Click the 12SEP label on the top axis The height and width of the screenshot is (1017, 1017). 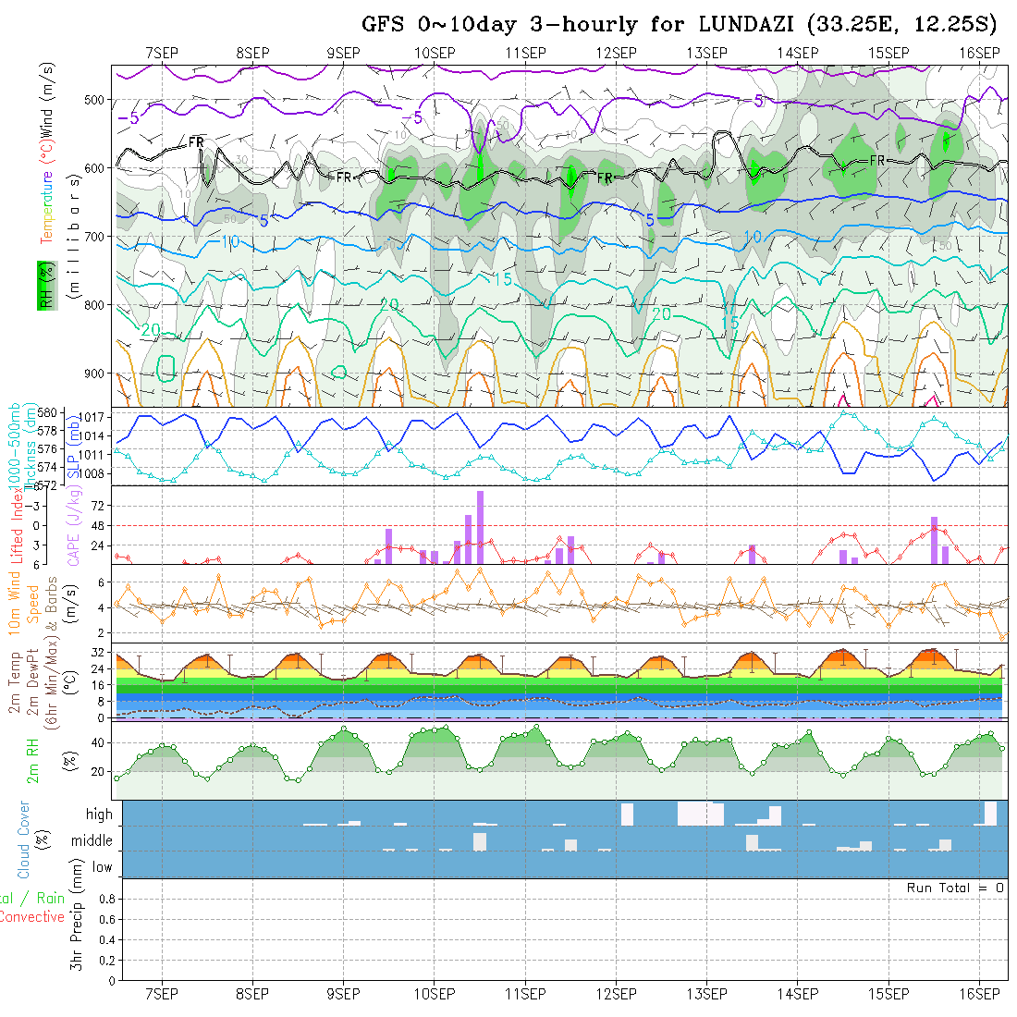(x=617, y=53)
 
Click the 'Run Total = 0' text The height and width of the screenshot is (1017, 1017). (x=955, y=888)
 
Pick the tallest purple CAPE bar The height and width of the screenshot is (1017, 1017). (x=481, y=527)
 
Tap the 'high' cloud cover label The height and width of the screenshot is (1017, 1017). (x=99, y=815)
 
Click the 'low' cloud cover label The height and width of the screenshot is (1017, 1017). (x=102, y=867)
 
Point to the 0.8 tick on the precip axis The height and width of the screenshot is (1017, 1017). (x=104, y=899)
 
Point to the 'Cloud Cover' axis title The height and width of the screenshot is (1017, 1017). (x=23, y=839)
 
